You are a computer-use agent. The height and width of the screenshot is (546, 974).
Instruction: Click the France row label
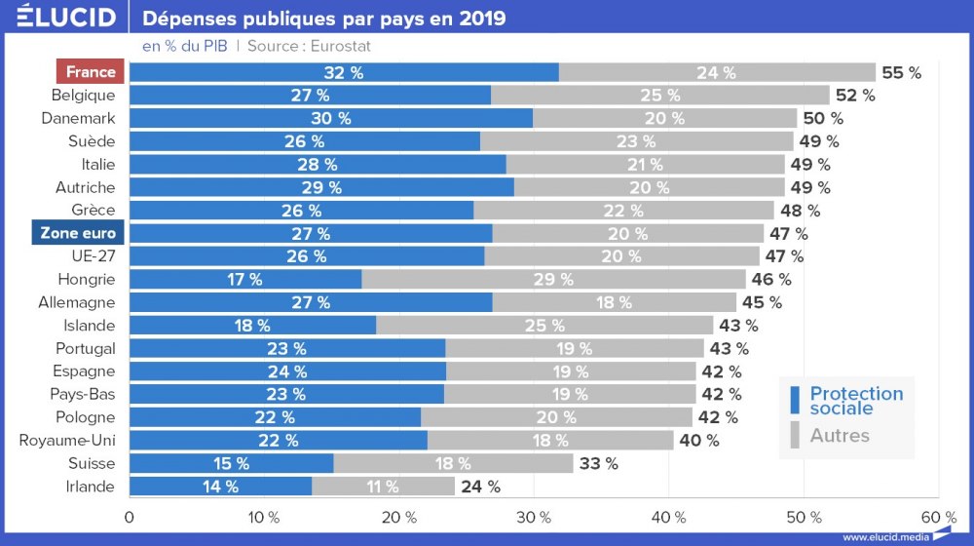click(x=91, y=72)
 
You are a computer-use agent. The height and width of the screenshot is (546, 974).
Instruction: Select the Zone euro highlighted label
click(x=78, y=233)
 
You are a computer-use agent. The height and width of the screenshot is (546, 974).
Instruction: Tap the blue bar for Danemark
click(x=331, y=118)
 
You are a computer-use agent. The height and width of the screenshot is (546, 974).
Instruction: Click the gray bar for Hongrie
click(x=553, y=279)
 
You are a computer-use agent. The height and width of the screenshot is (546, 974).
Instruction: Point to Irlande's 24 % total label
click(x=480, y=487)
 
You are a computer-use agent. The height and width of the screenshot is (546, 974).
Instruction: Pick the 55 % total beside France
click(x=901, y=72)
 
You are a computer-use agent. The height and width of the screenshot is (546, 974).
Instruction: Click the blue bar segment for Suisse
click(x=231, y=463)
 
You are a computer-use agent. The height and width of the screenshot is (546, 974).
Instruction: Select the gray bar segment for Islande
click(x=544, y=326)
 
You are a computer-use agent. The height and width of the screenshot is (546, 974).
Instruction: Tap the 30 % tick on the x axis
click(x=534, y=517)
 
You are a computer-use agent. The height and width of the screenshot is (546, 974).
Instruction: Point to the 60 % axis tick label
click(x=937, y=517)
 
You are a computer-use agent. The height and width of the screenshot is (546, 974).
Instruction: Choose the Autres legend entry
click(x=839, y=435)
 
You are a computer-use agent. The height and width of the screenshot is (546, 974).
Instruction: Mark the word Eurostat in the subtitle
click(x=340, y=46)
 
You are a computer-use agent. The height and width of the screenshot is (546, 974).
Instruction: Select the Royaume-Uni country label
click(x=67, y=441)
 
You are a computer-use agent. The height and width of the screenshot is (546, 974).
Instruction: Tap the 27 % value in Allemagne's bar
click(x=311, y=302)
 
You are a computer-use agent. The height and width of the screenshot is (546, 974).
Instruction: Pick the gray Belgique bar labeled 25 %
click(x=659, y=96)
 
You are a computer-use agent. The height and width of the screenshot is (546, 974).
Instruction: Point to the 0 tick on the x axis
click(x=130, y=517)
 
